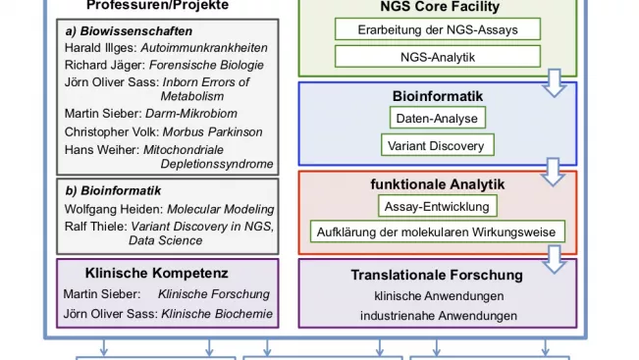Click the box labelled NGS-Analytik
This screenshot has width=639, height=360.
click(438, 57)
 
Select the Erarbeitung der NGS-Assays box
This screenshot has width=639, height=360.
click(438, 29)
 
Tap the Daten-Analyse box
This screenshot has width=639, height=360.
click(437, 118)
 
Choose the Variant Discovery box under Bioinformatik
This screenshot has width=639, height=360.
click(437, 145)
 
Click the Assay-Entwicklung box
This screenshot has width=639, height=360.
click(437, 206)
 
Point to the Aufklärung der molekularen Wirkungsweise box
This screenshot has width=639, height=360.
click(437, 231)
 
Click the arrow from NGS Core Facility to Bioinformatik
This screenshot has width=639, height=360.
click(555, 83)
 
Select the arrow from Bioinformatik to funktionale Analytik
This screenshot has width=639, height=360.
click(553, 173)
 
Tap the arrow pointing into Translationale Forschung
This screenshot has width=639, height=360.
click(555, 259)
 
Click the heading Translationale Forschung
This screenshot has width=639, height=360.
click(437, 275)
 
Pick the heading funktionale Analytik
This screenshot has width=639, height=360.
click(437, 184)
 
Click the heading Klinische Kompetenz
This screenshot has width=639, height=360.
click(156, 273)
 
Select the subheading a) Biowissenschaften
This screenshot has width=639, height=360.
click(129, 31)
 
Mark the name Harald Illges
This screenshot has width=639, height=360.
click(100, 48)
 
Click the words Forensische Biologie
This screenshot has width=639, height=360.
click(206, 65)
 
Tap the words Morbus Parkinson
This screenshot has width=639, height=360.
click(212, 132)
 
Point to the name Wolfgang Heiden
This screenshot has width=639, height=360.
click(114, 209)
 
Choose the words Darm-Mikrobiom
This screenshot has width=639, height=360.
click(191, 113)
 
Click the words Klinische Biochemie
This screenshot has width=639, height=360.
click(217, 314)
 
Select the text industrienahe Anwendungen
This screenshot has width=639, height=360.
click(439, 316)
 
